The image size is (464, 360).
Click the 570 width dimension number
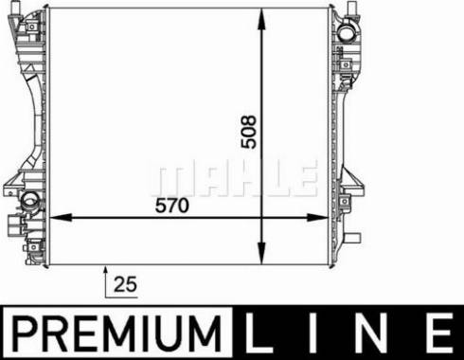172,205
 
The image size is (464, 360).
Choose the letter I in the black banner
319,333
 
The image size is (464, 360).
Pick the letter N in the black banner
376,333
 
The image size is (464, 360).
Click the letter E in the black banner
437,333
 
